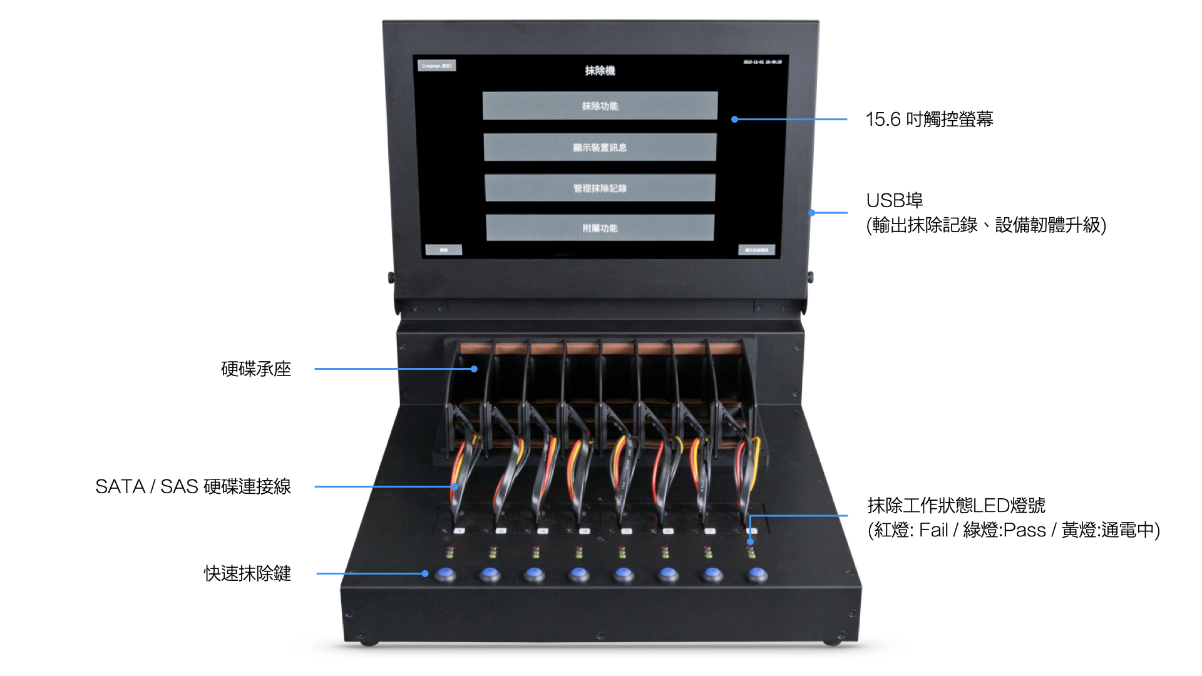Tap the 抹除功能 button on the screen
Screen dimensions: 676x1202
(x=600, y=106)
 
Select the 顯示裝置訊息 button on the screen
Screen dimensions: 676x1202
(x=600, y=147)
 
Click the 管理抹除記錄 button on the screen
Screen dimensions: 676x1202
(x=600, y=188)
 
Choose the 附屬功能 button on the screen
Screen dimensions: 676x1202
(x=600, y=228)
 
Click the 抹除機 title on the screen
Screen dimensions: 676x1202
(x=600, y=71)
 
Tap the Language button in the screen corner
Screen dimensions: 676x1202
(x=437, y=66)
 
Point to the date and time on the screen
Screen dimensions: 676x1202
(x=762, y=62)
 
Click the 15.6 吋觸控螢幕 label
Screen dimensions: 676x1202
(x=929, y=119)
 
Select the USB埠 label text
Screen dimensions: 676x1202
(x=894, y=200)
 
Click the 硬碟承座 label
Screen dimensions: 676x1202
(x=256, y=369)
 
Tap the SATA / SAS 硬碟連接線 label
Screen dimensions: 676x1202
(x=193, y=486)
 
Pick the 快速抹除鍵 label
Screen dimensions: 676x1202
(x=247, y=573)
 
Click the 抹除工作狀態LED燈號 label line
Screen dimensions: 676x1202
(x=956, y=505)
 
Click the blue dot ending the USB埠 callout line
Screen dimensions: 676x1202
(x=812, y=213)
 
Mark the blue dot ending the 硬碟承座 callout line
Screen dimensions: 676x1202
(x=474, y=369)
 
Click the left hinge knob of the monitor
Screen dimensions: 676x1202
(x=391, y=277)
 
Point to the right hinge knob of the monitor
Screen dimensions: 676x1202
(x=810, y=276)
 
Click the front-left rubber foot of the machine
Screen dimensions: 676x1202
(x=369, y=642)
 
